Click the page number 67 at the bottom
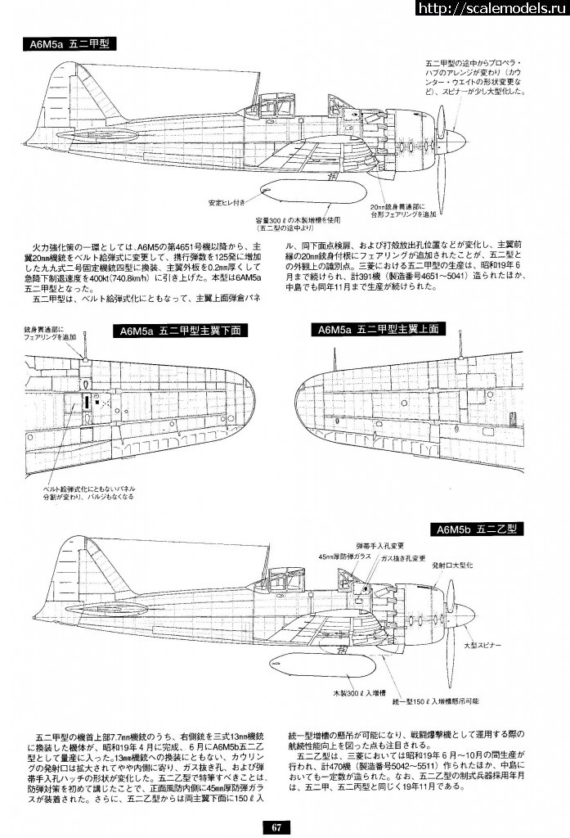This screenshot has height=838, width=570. click(276, 827)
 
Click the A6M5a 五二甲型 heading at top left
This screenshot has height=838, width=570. click(69, 45)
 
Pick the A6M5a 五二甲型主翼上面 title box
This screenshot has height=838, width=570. click(377, 329)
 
